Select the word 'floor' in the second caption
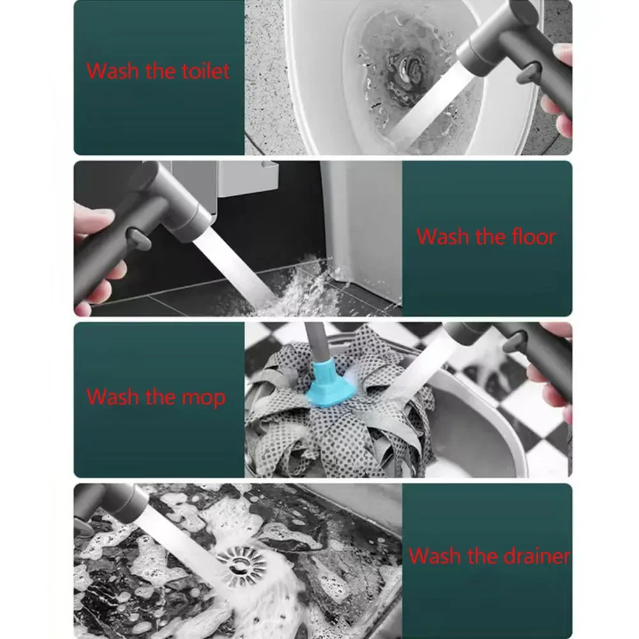pos(534,236)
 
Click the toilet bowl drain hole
pos(409,66)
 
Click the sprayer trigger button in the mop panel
pos(514,341)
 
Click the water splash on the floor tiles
pos(310,285)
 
